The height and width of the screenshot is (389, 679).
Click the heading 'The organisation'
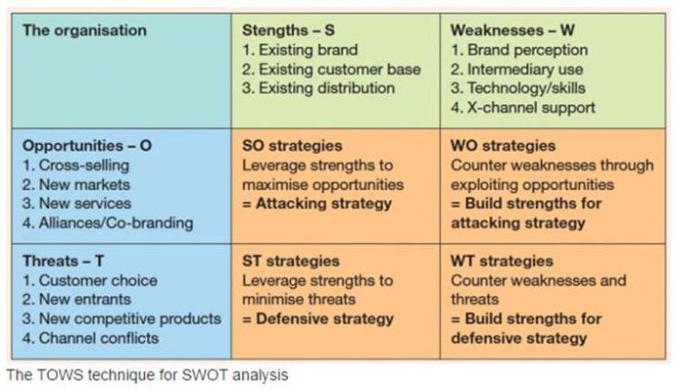point(85,30)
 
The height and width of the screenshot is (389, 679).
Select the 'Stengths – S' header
point(288,30)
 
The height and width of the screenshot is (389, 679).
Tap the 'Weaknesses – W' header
point(513,30)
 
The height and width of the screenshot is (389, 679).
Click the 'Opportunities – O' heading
point(87,146)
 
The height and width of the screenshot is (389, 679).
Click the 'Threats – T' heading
point(63,262)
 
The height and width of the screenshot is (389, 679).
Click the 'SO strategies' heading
point(292,146)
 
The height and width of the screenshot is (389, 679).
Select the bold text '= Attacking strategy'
point(317,204)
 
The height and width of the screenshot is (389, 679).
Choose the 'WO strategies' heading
point(503,146)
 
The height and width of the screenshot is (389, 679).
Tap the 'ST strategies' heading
point(291,262)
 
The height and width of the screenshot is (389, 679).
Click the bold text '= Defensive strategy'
point(318,319)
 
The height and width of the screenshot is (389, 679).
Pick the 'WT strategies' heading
point(502,262)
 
